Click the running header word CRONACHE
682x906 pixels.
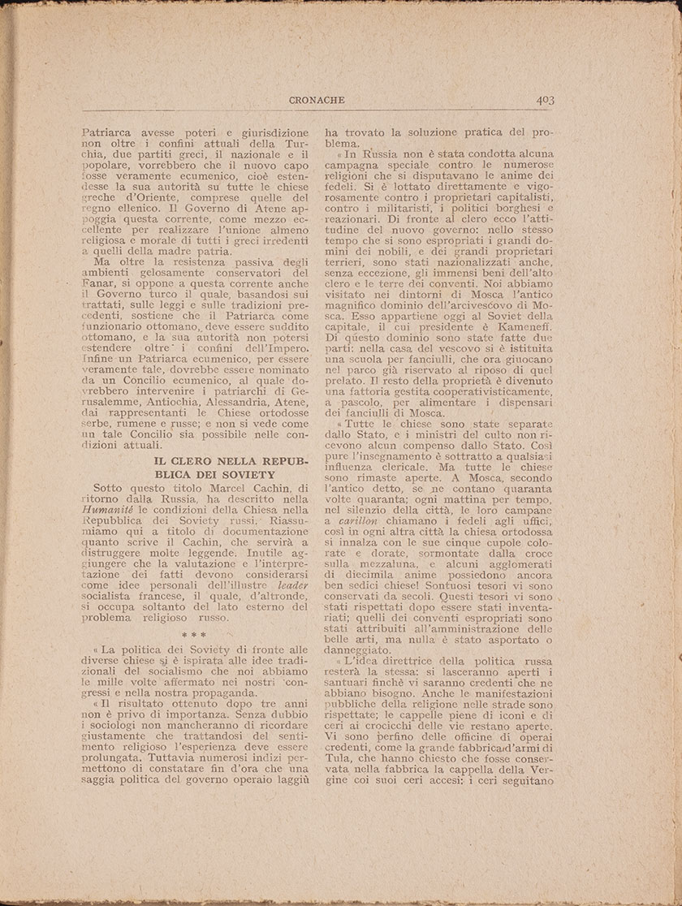coord(317,100)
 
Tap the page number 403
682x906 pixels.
coord(544,100)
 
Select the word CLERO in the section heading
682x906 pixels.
coord(200,460)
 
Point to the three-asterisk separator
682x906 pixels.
coord(193,635)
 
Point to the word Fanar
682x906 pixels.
coord(100,286)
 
